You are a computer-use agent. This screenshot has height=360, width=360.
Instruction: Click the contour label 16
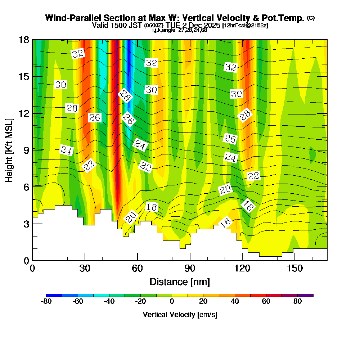[225, 223]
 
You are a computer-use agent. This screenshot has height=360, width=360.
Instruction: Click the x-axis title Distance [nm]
[180, 282]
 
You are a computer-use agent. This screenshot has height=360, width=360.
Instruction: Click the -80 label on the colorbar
[46, 302]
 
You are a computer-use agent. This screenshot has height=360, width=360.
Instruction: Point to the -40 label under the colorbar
[109, 302]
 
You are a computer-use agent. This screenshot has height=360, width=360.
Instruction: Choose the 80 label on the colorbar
[297, 302]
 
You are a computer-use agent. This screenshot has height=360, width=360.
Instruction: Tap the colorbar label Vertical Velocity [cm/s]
[180, 315]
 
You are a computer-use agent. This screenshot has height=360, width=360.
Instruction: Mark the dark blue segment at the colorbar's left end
[54, 295]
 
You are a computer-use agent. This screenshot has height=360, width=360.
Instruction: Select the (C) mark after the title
[311, 18]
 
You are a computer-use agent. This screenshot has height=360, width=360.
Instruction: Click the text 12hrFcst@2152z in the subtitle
[245, 26]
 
